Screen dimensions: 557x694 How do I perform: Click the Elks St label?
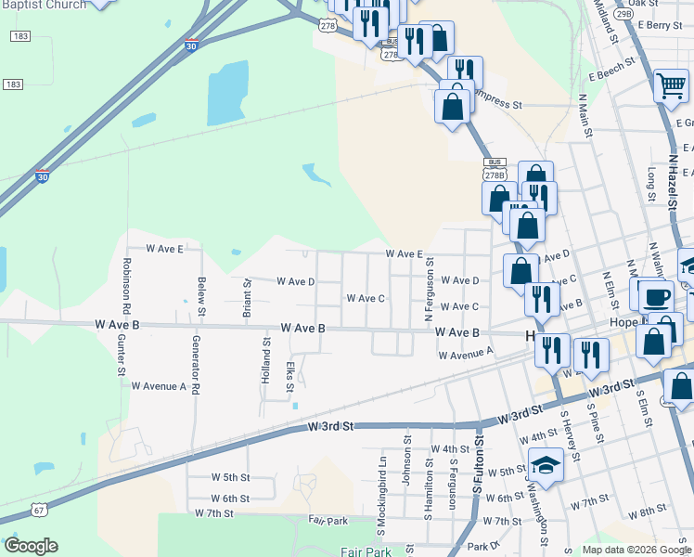tap(290, 377)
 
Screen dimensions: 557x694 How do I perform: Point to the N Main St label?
tap(585, 115)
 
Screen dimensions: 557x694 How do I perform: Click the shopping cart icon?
tap(671, 86)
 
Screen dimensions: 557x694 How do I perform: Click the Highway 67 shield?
tap(38, 511)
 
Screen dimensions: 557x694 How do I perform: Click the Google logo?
tap(31, 546)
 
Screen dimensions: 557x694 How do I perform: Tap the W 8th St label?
tap(646, 512)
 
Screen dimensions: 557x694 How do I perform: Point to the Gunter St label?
tap(121, 356)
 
